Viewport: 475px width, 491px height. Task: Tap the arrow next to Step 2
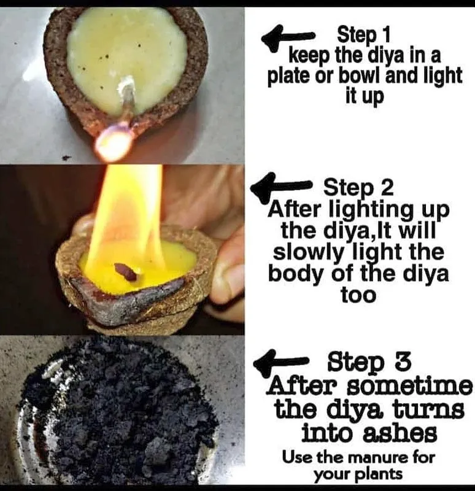[x=280, y=187]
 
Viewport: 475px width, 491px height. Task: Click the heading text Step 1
[x=364, y=35]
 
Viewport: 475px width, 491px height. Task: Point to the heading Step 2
[x=358, y=187]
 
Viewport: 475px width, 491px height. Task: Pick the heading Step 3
[x=369, y=362]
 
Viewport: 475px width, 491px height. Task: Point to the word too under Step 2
[x=358, y=295]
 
